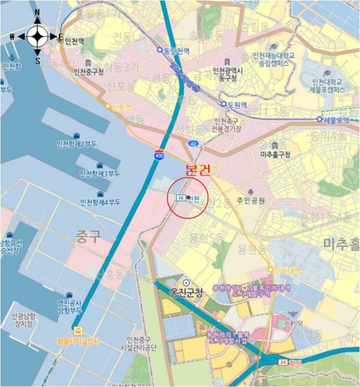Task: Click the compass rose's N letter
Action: (x=38, y=12)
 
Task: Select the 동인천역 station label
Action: (x=176, y=51)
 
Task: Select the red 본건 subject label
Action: (x=198, y=170)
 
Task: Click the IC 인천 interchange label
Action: (x=188, y=198)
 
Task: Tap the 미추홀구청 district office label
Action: (x=275, y=155)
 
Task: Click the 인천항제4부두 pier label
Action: (x=100, y=202)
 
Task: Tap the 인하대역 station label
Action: (x=288, y=270)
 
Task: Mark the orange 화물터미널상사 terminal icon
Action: (x=79, y=331)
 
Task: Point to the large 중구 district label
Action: (x=88, y=238)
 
